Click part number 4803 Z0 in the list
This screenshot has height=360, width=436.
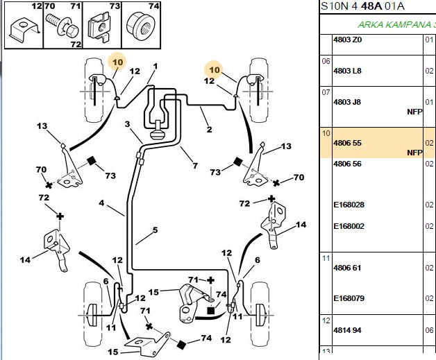pyautogui.click(x=348, y=40)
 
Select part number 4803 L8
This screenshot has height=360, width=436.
pyautogui.click(x=347, y=71)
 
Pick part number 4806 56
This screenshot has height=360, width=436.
pyautogui.click(x=347, y=164)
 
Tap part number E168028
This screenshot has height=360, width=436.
pyautogui.click(x=349, y=205)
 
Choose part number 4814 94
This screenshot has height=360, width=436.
pyautogui.click(x=347, y=330)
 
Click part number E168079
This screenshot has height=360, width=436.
pyautogui.click(x=349, y=298)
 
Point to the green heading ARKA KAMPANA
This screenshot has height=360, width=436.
pyautogui.click(x=394, y=25)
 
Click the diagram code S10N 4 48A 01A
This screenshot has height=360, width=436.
pyautogui.click(x=362, y=6)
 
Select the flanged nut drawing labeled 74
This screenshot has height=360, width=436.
pyautogui.click(x=140, y=25)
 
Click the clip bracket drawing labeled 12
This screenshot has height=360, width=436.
pyautogui.click(x=24, y=30)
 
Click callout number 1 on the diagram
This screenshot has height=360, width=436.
pyautogui.click(x=156, y=67)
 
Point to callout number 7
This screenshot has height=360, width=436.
pyautogui.click(x=195, y=166)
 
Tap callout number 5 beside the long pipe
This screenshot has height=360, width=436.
pyautogui.click(x=155, y=230)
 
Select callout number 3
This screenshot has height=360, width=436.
pyautogui.click(x=127, y=124)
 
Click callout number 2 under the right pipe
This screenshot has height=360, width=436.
pyautogui.click(x=210, y=130)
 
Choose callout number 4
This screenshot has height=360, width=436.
pyautogui.click(x=101, y=203)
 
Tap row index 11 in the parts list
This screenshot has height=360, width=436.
pyautogui.click(x=326, y=258)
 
